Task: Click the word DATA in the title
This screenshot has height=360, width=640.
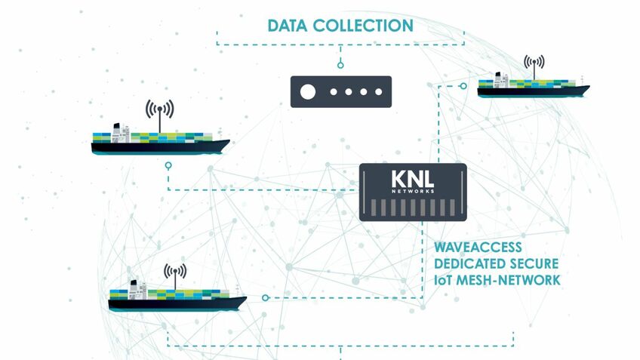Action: pos(289,26)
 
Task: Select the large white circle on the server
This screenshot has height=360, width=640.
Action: pos(308,93)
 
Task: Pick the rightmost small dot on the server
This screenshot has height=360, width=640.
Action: pos(380,93)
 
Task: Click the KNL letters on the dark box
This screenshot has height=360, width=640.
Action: pos(412,180)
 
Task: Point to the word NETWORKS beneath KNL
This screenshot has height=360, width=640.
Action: pos(413,192)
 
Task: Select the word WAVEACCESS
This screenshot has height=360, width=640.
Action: pos(478,248)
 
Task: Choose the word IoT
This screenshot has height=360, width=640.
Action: pos(446,280)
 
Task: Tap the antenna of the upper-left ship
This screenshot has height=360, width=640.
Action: pos(159,111)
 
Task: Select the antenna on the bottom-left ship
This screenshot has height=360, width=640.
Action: pos(175,275)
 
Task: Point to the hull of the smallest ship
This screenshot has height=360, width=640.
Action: pos(532,91)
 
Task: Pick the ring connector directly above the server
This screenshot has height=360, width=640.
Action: pos(341,65)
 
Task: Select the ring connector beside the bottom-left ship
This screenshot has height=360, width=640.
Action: pos(263,298)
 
